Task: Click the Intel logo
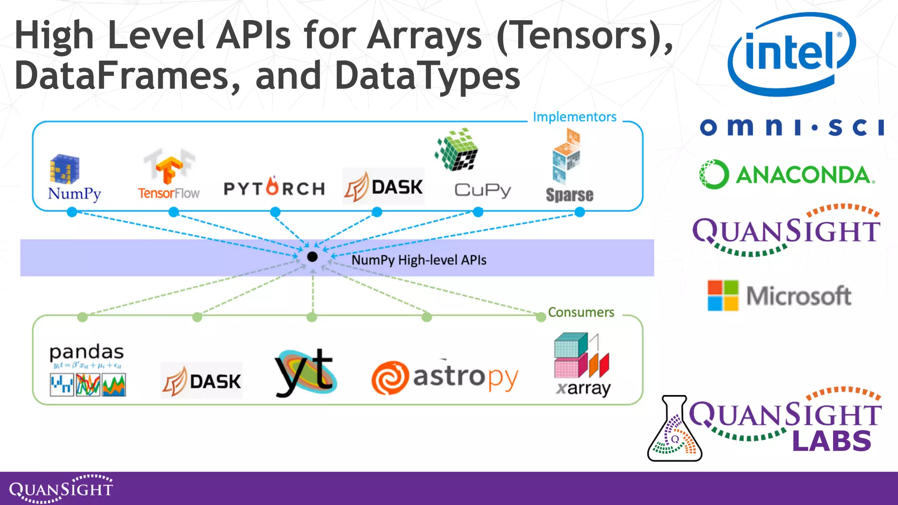coord(791,53)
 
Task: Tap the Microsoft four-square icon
coord(723,295)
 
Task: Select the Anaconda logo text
coord(805,175)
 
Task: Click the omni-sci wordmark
coord(791,127)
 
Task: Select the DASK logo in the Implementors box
coord(383,187)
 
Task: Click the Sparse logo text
coord(569,195)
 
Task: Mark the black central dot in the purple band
coord(312,257)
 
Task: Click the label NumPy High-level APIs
coord(419,260)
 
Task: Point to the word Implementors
coord(574,117)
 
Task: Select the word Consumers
coord(581,312)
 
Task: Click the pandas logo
coord(87,370)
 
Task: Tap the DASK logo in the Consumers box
coord(201,381)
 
